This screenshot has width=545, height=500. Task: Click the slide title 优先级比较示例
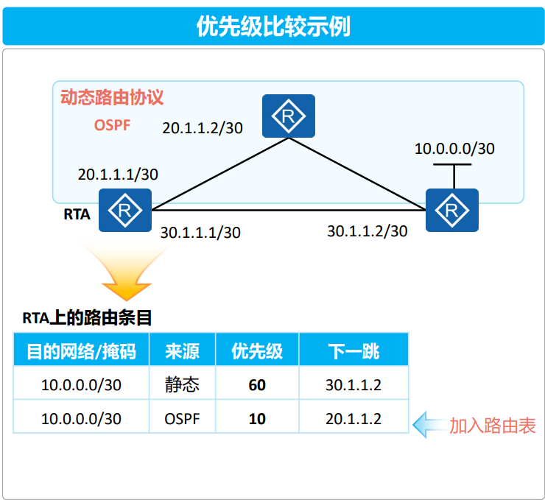coord(272,26)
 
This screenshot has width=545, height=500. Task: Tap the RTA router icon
coord(125,211)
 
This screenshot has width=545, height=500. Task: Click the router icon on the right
coord(452,211)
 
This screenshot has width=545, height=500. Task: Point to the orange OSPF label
coord(112,125)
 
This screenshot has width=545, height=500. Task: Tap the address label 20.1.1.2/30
coord(203,127)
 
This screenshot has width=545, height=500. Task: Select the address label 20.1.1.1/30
coord(118,175)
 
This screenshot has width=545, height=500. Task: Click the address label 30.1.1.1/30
coord(200,233)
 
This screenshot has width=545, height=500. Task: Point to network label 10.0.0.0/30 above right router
coord(454,149)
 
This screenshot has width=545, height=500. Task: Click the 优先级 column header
coord(257,350)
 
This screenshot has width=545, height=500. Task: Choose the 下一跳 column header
coord(353,350)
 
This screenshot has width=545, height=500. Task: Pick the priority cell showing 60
coord(257,384)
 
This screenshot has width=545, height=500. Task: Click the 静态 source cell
coord(182,384)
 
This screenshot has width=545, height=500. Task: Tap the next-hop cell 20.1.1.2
coord(353,418)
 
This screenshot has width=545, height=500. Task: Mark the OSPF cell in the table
coord(182,418)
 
